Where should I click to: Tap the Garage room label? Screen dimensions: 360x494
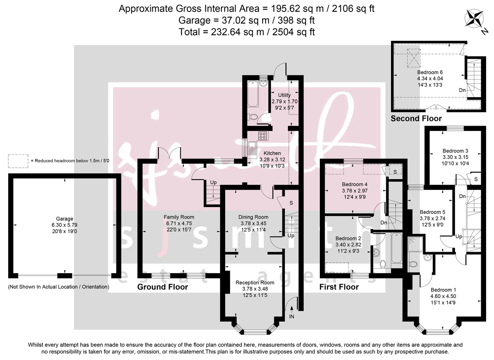[x=65, y=219]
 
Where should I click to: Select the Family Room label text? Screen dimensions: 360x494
[x=179, y=217]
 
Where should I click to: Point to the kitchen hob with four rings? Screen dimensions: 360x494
[x=263, y=135]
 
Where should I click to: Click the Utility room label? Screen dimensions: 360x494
[x=284, y=95]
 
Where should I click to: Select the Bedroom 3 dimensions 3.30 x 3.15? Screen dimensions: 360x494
[x=455, y=157]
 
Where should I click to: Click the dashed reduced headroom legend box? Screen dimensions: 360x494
[x=17, y=161]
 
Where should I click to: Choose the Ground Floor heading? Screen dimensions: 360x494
[x=163, y=287]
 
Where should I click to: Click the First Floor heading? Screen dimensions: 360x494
[x=339, y=287]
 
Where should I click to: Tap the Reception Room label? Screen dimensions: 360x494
[x=255, y=283]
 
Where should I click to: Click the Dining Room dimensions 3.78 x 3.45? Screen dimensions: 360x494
[x=253, y=224]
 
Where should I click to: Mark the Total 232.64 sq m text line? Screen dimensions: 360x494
[x=247, y=32]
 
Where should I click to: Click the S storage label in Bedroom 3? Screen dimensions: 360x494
[x=476, y=179]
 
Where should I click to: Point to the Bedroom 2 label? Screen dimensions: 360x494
[x=348, y=238]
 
